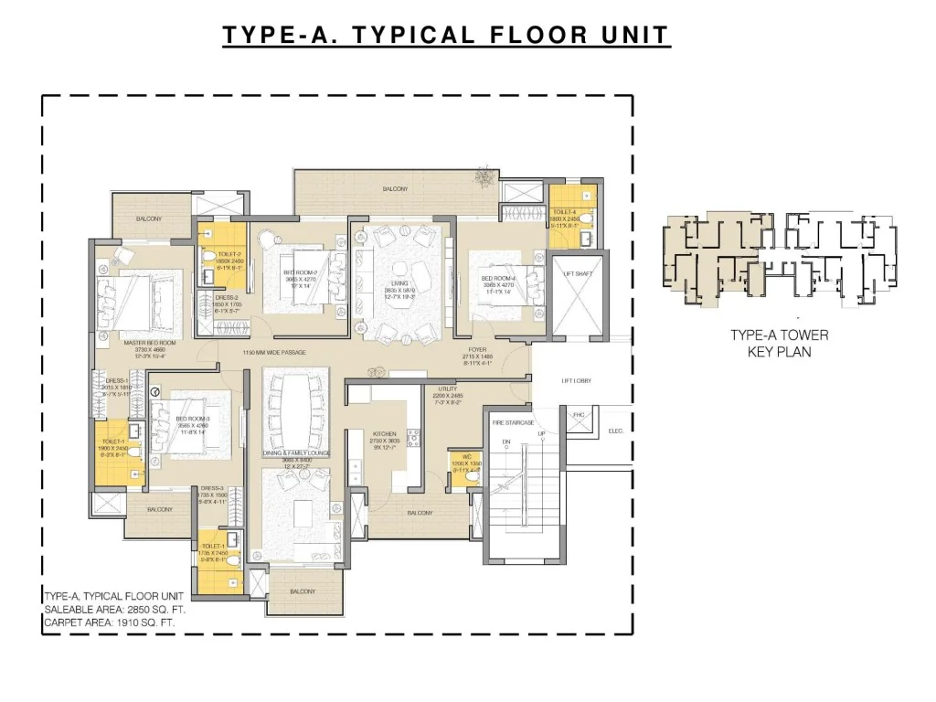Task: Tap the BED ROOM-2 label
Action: point(300,272)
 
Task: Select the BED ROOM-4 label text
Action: point(498,278)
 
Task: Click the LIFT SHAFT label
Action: point(576,273)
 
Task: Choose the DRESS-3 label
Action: point(213,488)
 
